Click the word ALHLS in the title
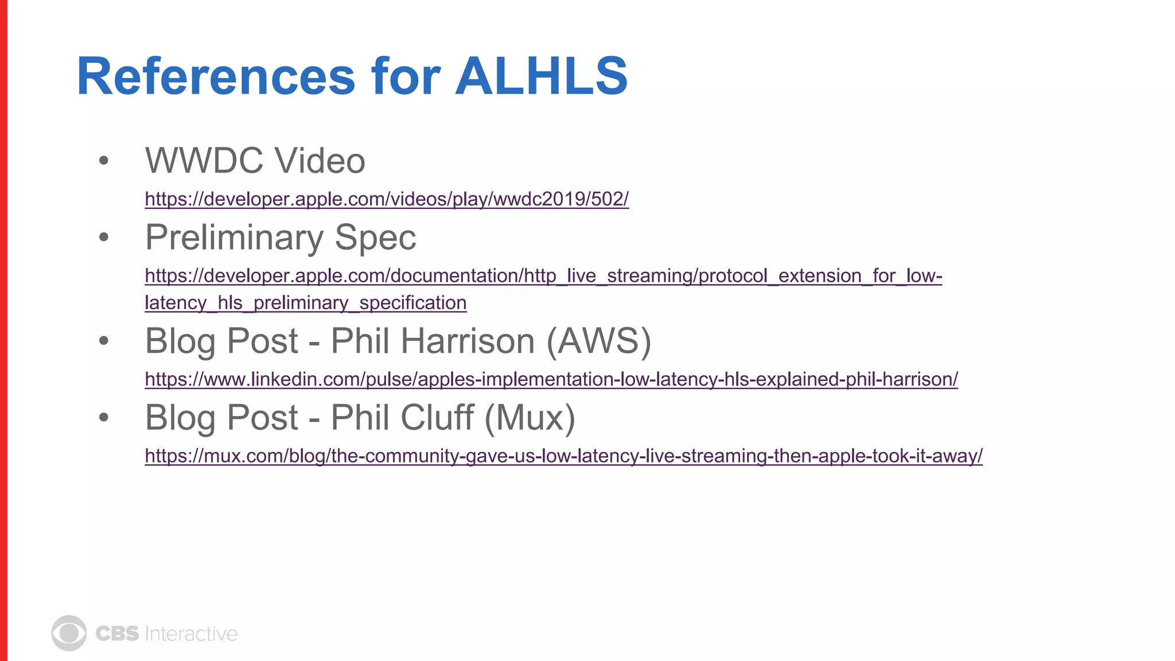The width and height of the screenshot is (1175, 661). tap(542, 76)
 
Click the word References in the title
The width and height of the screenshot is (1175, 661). tap(216, 76)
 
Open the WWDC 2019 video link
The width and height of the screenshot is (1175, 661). tap(387, 199)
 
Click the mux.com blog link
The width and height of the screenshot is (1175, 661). tap(563, 456)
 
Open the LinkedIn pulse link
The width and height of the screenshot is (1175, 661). tap(551, 379)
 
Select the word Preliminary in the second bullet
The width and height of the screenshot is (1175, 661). tap(234, 238)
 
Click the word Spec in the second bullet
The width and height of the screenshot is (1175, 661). tap(375, 238)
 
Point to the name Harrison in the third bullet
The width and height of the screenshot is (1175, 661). tap(468, 341)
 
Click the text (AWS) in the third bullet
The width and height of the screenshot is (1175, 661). tap(598, 341)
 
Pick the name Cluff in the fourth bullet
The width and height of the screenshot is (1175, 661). tap(437, 417)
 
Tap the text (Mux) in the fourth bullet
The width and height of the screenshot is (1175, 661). tap(530, 417)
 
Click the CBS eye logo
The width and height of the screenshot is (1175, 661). tap(69, 633)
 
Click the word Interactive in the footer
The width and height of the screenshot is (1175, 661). tap(191, 633)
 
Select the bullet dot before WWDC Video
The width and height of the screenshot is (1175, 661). tap(104, 160)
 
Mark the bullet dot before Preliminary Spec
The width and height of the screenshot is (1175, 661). tap(104, 237)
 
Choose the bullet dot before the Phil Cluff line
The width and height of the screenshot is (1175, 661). tap(104, 417)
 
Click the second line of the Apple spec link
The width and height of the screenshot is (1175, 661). tap(305, 303)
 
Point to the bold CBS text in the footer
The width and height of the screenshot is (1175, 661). tap(117, 633)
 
